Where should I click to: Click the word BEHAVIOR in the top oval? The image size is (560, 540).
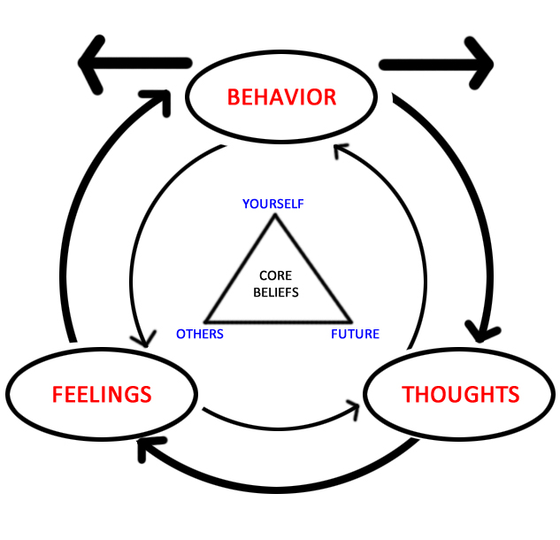click(281, 96)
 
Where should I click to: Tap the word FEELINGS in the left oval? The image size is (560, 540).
click(102, 394)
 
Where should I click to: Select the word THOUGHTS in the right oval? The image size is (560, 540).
click(461, 394)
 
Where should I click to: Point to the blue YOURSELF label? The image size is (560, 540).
click(273, 204)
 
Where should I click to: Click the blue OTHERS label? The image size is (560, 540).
click(200, 334)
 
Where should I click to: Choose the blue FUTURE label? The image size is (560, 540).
click(355, 334)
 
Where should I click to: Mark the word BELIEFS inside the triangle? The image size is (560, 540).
click(274, 292)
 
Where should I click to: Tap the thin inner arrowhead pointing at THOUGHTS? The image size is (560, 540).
click(355, 405)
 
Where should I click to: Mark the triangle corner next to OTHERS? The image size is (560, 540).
click(205, 320)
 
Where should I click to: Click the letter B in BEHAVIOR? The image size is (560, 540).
click(234, 96)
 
